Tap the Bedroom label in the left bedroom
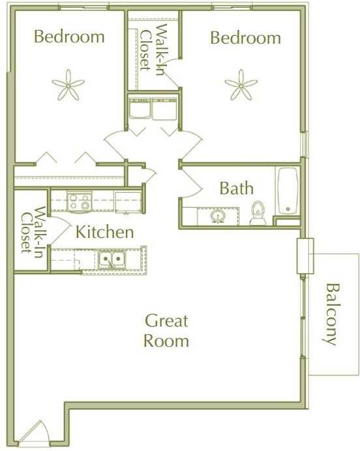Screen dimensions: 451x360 pyautogui.click(x=68, y=36)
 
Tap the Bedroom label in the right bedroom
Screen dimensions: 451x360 pyautogui.click(x=245, y=38)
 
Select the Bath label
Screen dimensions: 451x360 pyautogui.click(x=236, y=189)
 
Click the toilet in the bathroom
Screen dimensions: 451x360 pyautogui.click(x=258, y=213)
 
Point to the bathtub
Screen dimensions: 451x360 pyautogui.click(x=287, y=191)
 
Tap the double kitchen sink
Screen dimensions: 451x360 pyautogui.click(x=112, y=260)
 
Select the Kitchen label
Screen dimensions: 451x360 pyautogui.click(x=105, y=232)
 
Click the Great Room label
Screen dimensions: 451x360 pyautogui.click(x=166, y=330)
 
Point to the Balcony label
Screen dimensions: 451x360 pyautogui.click(x=332, y=314)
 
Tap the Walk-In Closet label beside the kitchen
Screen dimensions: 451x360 pyautogui.click(x=31, y=229)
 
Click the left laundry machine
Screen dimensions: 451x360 pyautogui.click(x=139, y=109)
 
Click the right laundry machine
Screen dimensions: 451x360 pyautogui.click(x=164, y=109)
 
